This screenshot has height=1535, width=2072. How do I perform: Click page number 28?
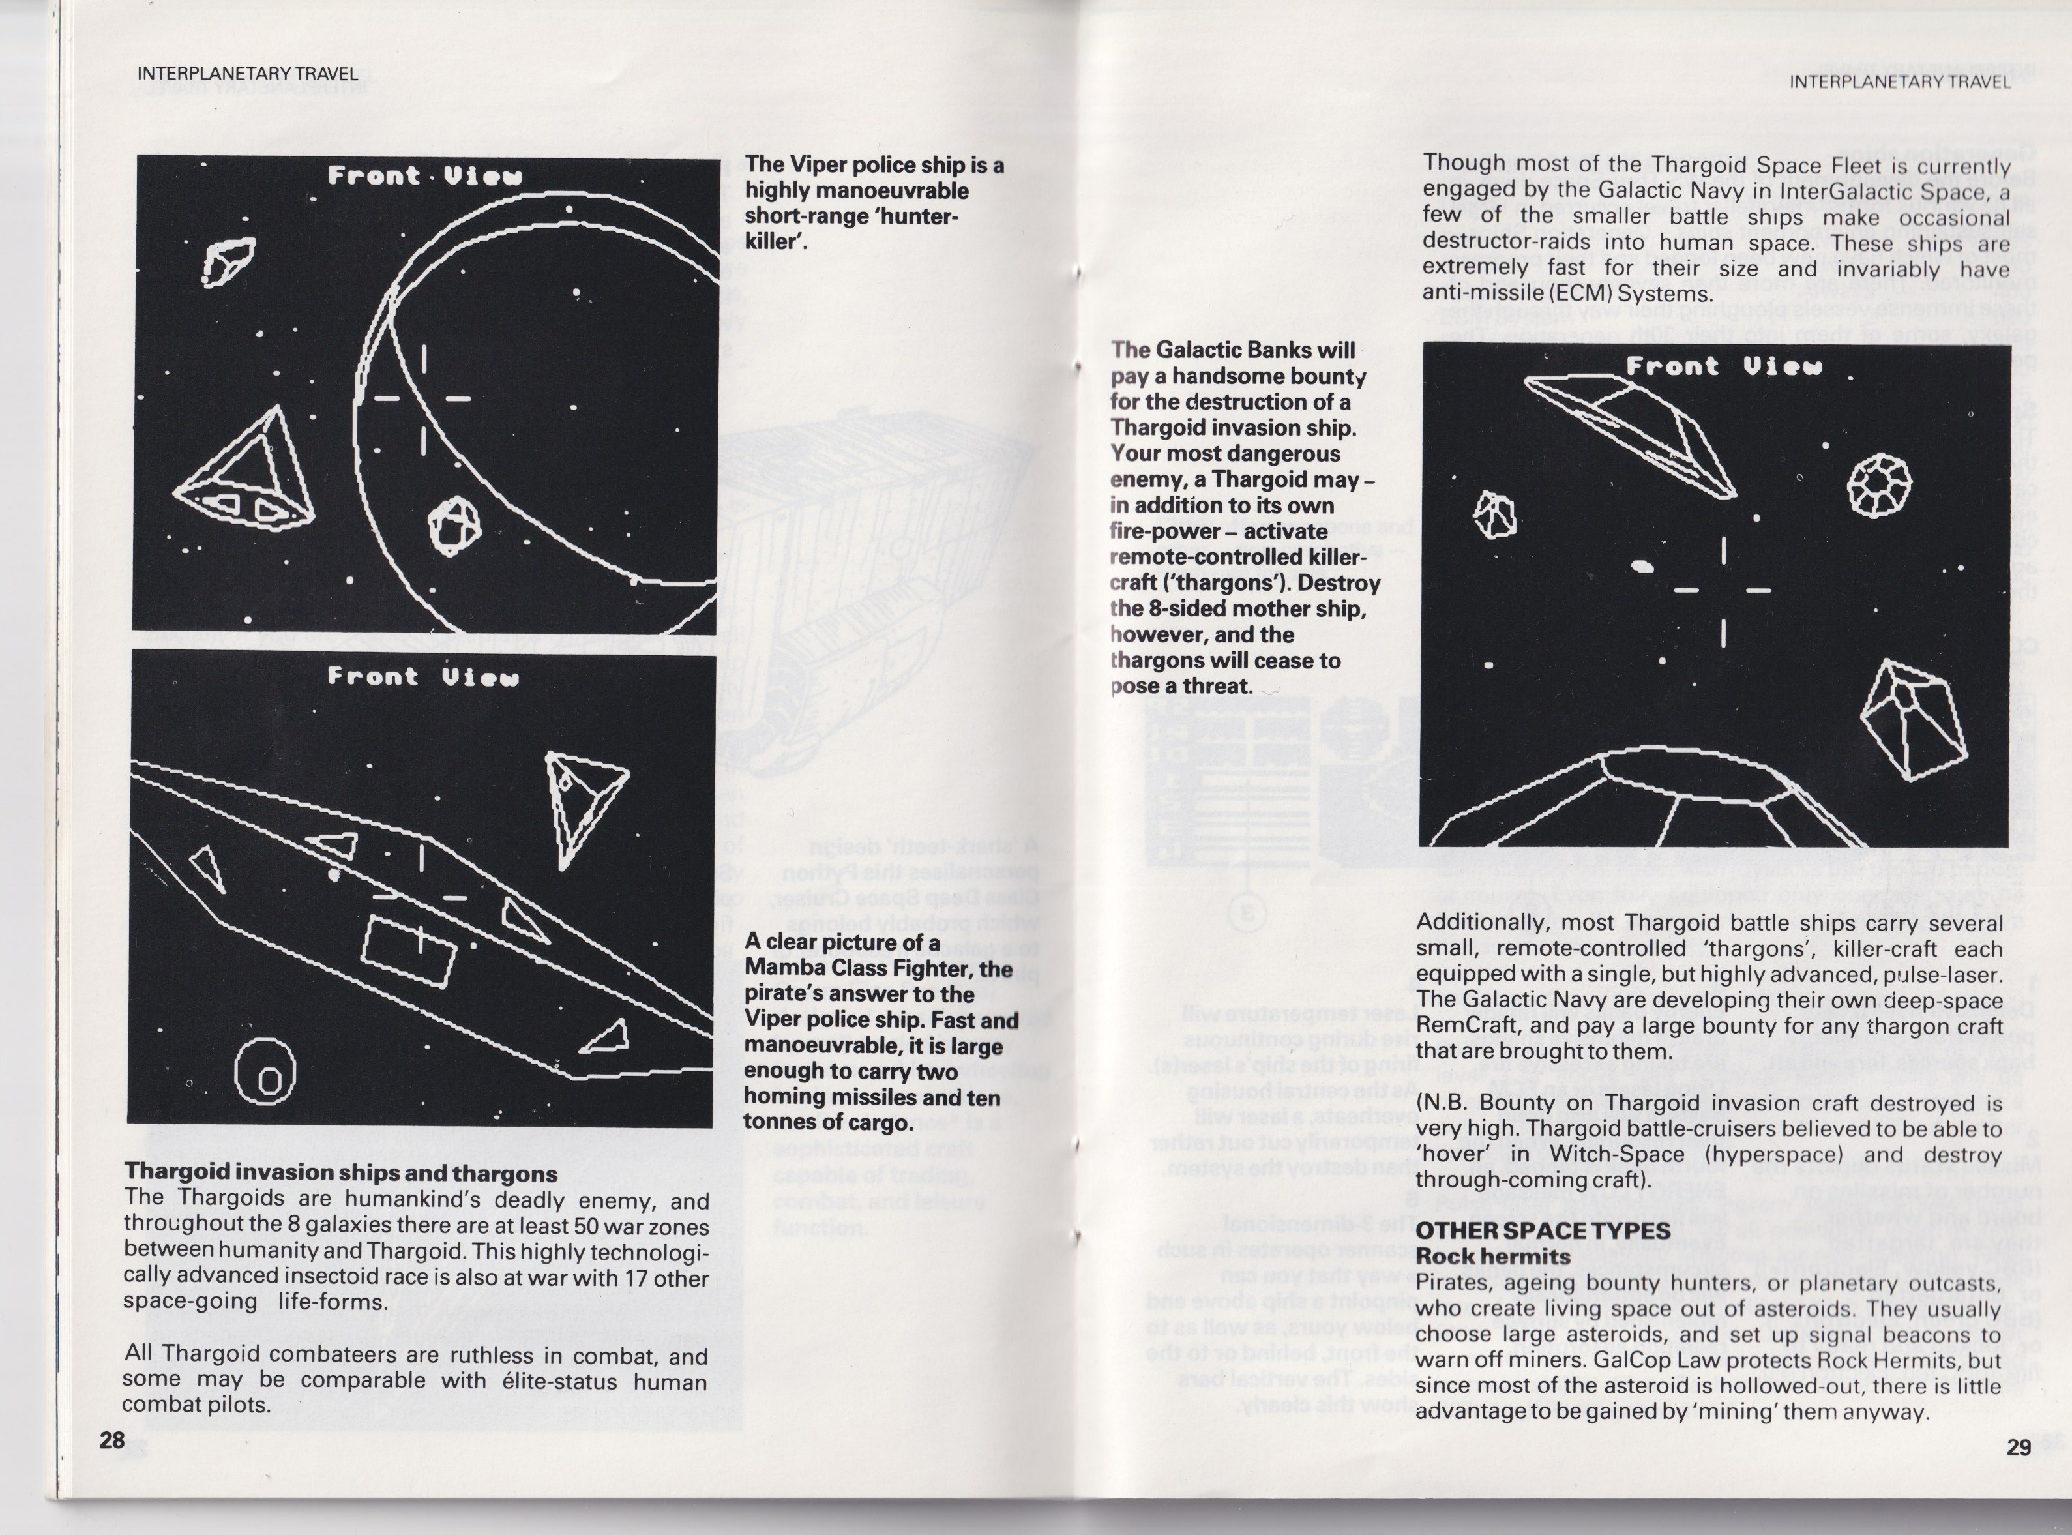click(x=111, y=1440)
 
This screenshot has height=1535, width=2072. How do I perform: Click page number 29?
click(x=2018, y=1448)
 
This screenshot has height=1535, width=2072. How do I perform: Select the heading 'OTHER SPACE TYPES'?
click(x=1543, y=1230)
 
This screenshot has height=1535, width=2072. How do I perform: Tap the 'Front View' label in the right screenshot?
click(x=1724, y=366)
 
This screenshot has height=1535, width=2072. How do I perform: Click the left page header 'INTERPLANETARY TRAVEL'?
click(x=246, y=74)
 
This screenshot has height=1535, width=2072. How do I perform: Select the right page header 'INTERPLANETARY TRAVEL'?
click(x=1900, y=82)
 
